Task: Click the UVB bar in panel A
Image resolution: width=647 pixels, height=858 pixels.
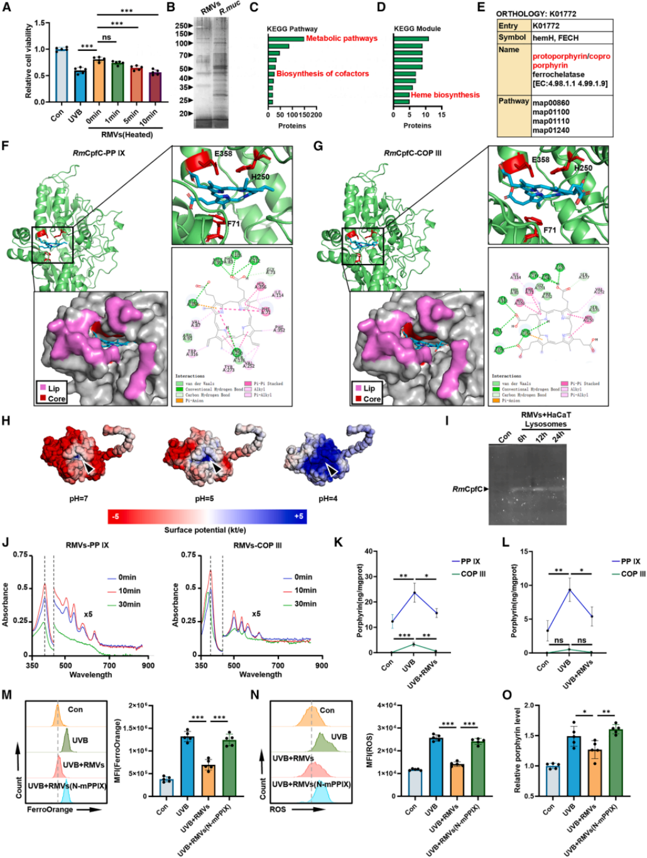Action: point(78,85)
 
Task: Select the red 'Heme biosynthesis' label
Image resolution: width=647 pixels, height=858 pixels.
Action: point(445,95)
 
